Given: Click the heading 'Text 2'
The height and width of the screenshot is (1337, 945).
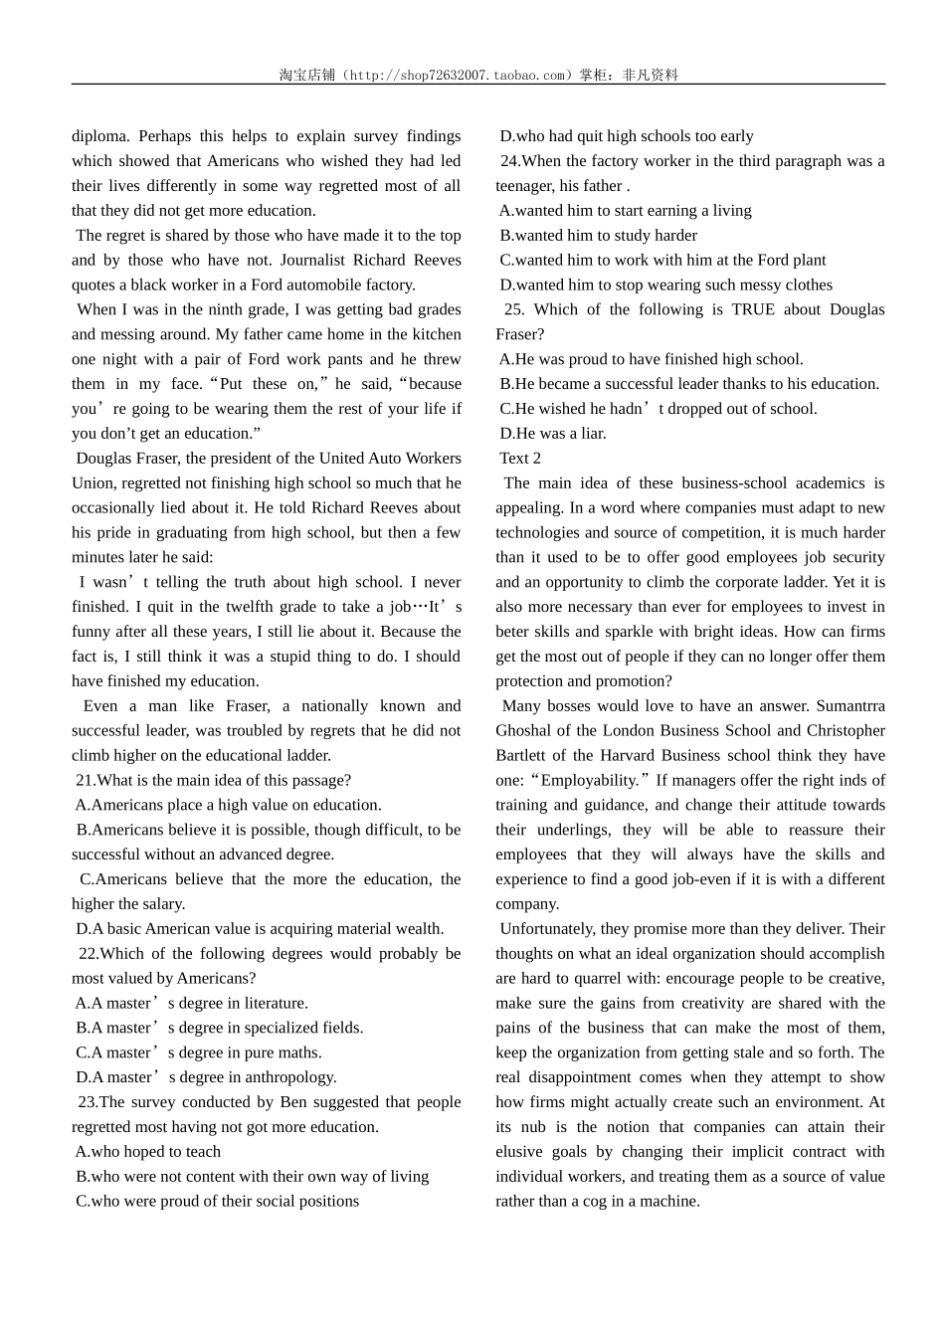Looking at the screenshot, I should pos(520,459).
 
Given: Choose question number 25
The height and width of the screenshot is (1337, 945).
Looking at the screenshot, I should pos(514,309).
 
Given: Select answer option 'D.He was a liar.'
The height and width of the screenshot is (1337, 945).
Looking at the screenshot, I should pos(552,434).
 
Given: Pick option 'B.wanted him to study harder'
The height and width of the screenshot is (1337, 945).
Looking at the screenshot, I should pos(598,236).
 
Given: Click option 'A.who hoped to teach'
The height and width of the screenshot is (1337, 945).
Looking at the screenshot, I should pos(147,1152).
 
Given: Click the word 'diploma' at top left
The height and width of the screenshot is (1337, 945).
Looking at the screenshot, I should pos(99,136).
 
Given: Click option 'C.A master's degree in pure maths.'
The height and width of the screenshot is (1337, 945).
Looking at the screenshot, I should pos(198,1052).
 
